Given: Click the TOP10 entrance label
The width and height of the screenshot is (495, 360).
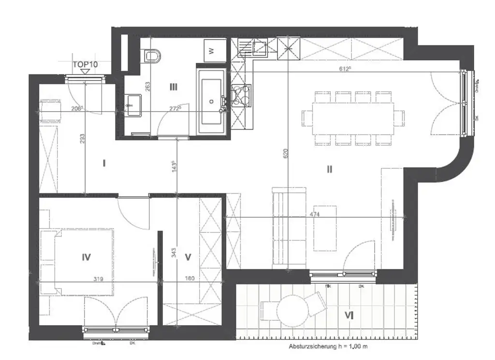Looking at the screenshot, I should pyautogui.click(x=85, y=64).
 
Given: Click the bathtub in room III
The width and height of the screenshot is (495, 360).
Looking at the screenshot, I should pyautogui.click(x=211, y=101).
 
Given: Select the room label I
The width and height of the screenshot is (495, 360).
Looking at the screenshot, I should pyautogui.click(x=104, y=163).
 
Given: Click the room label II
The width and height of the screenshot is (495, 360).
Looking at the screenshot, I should pyautogui.click(x=329, y=169).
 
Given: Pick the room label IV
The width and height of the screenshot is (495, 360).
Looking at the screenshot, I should pyautogui.click(x=86, y=257).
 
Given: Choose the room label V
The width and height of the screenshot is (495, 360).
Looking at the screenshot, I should pyautogui.click(x=189, y=257).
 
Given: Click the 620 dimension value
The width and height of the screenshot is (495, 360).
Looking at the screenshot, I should pyautogui.click(x=286, y=154).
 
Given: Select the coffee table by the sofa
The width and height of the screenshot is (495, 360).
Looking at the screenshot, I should pyautogui.click(x=325, y=229).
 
